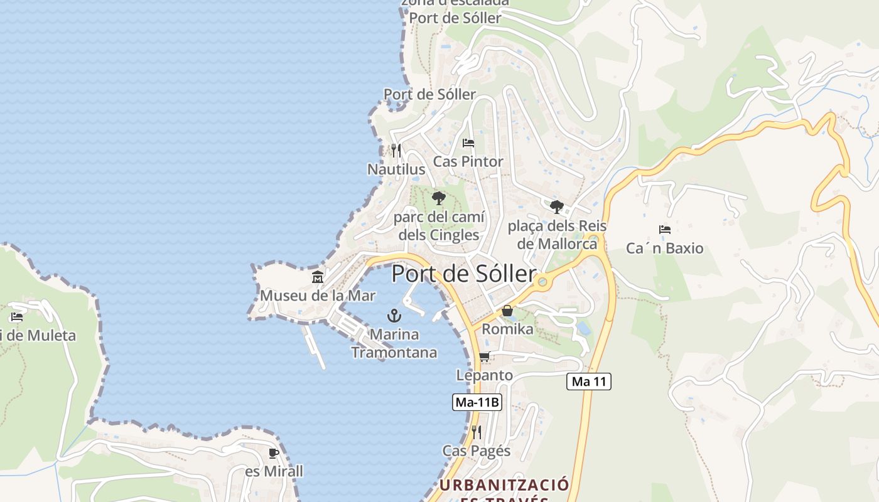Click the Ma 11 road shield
[x=588, y=381]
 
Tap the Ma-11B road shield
[x=477, y=402]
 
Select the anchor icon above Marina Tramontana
[x=394, y=315]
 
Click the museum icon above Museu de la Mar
[x=318, y=277]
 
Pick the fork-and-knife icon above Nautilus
[x=396, y=151]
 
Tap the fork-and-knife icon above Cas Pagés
[x=477, y=432]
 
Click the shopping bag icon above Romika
[x=507, y=311]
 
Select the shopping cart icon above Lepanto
[x=484, y=357]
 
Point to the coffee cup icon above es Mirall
[x=273, y=452]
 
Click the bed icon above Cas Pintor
[x=468, y=143]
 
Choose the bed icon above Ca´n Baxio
[x=665, y=230]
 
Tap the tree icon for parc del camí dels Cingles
[x=439, y=198]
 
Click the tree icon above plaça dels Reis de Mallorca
[x=556, y=206]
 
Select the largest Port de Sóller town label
[x=464, y=274]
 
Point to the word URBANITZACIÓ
[x=504, y=485]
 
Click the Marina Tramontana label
[x=394, y=343]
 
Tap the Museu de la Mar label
[x=318, y=296]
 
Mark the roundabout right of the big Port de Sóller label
[x=542, y=282]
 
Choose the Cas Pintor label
[x=468, y=162]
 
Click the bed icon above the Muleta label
[x=17, y=317]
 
